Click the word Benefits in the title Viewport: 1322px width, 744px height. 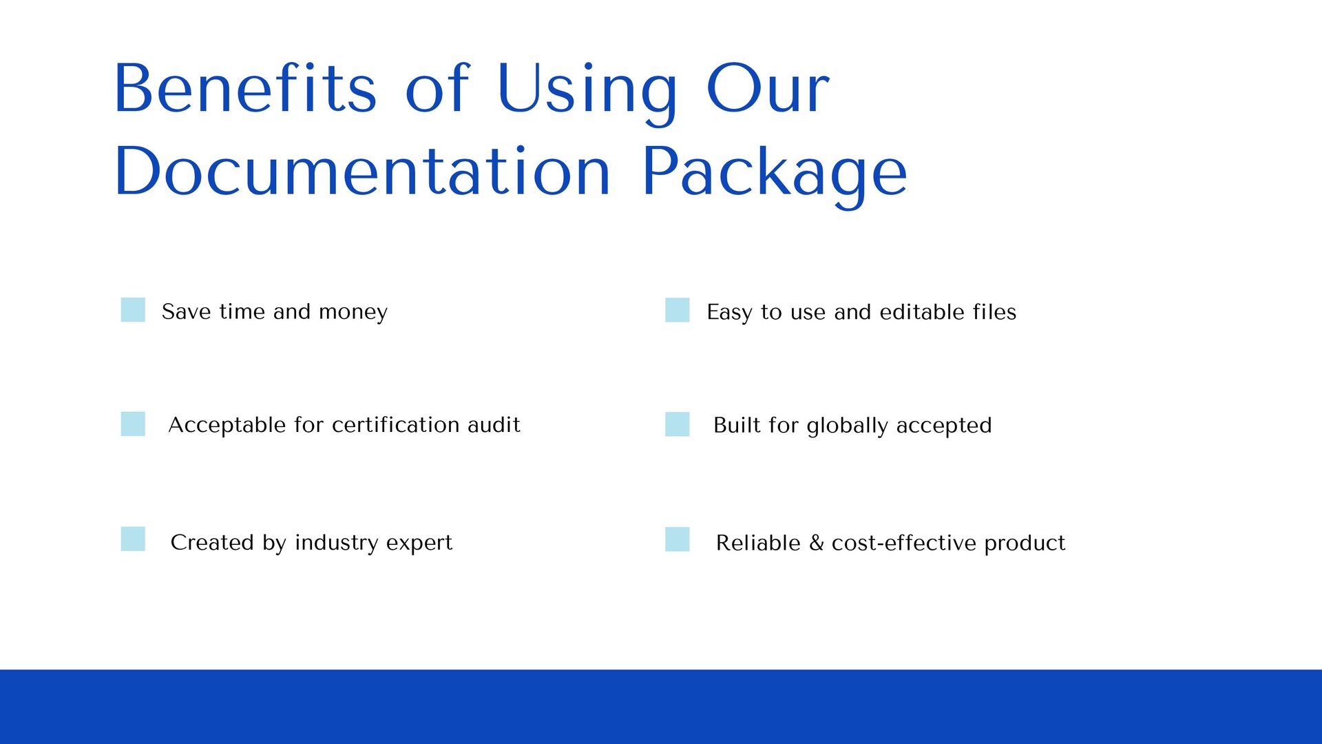pyautogui.click(x=245, y=89)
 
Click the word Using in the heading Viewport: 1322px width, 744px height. pyautogui.click(x=587, y=90)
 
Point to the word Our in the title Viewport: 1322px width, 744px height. pyautogui.click(x=768, y=89)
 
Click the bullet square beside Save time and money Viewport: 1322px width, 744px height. pyautogui.click(x=133, y=310)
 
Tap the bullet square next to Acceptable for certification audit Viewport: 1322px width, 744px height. pyautogui.click(x=133, y=424)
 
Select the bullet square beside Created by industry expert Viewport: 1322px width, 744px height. pyautogui.click(x=133, y=539)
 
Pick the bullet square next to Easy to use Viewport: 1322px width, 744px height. pyautogui.click(x=677, y=310)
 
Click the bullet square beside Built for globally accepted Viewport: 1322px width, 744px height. pyautogui.click(x=677, y=424)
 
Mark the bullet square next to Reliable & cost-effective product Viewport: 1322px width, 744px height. pyautogui.click(x=677, y=539)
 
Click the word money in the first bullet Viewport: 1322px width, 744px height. pyautogui.click(x=353, y=312)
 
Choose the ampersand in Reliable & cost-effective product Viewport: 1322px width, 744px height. pyautogui.click(x=817, y=543)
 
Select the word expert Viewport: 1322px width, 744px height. pyautogui.click(x=419, y=544)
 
